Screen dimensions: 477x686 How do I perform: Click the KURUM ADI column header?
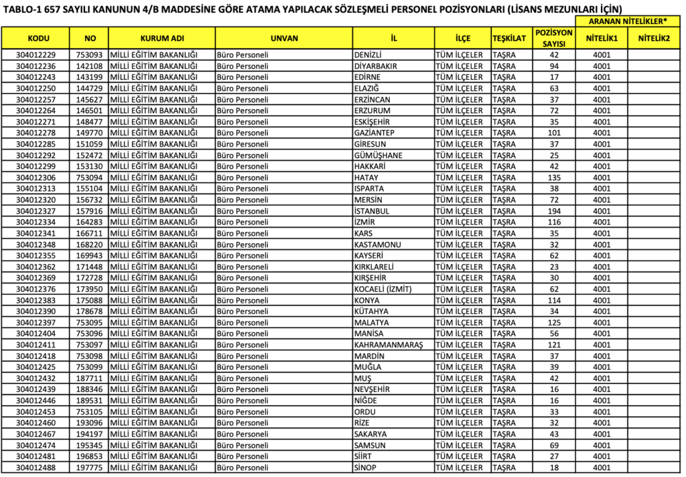click(161, 38)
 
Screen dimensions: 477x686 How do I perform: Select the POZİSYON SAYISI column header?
click(554, 38)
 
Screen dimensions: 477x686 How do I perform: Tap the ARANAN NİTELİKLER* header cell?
click(628, 21)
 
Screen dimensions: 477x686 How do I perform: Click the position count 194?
click(554, 211)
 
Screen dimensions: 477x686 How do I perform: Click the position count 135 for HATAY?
click(554, 178)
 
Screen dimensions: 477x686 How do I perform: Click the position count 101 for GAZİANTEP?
click(554, 133)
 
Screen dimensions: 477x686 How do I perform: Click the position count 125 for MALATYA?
click(554, 322)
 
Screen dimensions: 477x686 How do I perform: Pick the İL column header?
click(393, 38)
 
